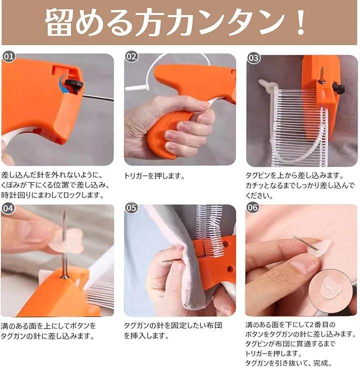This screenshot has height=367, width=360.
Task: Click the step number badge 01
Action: coord(9,56)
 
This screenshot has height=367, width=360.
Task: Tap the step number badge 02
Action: coord(131,56)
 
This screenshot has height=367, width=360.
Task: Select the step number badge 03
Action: coord(253,57)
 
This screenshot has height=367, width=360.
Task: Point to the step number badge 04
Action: coord(8,208)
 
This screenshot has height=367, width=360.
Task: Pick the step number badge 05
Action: coord(131,208)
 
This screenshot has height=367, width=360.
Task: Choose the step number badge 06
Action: coord(252,207)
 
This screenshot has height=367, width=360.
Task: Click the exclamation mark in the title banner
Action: coord(300,22)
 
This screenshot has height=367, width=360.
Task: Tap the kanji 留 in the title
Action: coord(58,22)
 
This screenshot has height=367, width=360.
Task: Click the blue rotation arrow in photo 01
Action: coord(62,84)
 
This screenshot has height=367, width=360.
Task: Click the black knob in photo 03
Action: coord(338,88)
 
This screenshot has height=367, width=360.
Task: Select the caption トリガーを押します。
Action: coord(154,175)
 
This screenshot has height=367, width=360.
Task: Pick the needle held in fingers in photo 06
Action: coord(305,242)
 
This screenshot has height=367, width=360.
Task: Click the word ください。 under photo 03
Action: coord(259,195)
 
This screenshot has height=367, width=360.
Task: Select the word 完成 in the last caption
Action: coord(320,363)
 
